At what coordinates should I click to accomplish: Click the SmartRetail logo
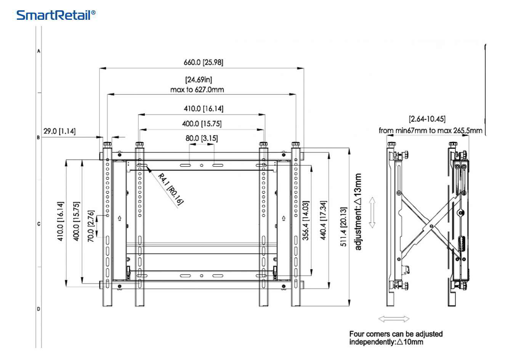coord(56,15)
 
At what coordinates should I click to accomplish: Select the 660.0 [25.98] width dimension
coord(203,62)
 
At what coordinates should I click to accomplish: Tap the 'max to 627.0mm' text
coord(197,90)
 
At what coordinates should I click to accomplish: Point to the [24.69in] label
coord(199,80)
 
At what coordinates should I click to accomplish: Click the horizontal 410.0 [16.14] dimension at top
coord(204,109)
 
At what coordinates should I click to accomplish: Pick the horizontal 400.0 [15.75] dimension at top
coord(202,123)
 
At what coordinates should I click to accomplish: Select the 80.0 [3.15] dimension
coord(202,138)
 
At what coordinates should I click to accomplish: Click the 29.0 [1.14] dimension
coord(59,131)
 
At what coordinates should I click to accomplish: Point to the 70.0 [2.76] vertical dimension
coord(91,226)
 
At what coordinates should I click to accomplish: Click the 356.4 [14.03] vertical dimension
coord(306,220)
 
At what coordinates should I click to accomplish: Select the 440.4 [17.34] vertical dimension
coord(323,220)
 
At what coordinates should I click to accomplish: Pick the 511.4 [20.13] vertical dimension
coord(343,227)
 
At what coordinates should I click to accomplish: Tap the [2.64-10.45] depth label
coord(427,119)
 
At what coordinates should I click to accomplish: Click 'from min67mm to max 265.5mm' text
coord(430,130)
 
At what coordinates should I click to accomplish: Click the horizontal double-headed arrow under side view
coord(394,319)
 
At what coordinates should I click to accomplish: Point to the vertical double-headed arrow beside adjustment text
coord(372,212)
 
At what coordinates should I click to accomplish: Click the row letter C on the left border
coord(38,224)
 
